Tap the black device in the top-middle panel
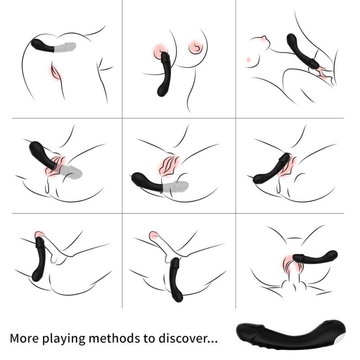[x=165, y=76]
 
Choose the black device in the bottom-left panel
[x=40, y=259]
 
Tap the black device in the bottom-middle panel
[x=175, y=279]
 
